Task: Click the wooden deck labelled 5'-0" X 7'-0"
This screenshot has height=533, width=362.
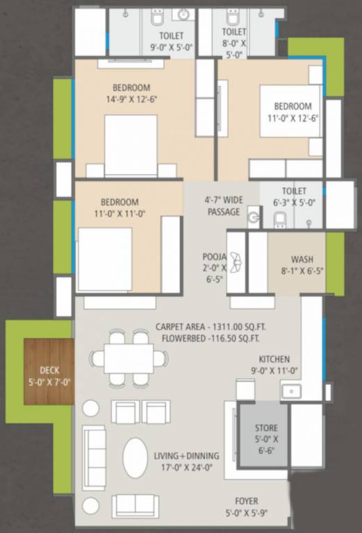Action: [49, 371]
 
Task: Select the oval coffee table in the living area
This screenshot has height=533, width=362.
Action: [135, 458]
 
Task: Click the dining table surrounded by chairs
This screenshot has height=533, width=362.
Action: [129, 359]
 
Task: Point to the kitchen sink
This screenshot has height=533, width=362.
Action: [291, 391]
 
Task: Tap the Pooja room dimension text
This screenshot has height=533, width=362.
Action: [214, 273]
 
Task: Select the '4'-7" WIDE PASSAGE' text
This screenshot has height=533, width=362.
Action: [224, 205]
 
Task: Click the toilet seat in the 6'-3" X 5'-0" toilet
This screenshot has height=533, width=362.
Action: [280, 219]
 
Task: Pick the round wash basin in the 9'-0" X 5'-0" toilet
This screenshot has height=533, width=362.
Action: [183, 14]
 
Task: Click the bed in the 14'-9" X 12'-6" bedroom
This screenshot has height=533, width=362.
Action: [131, 146]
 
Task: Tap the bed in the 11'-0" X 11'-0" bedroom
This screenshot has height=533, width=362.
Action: [105, 260]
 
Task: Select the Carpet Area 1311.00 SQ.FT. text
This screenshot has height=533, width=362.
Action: [211, 327]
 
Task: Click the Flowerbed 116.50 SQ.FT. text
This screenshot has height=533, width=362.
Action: [211, 339]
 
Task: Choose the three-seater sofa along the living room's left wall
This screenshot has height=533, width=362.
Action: [94, 457]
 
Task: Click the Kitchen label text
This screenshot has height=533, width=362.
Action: [274, 359]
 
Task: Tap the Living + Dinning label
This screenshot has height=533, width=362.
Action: [186, 456]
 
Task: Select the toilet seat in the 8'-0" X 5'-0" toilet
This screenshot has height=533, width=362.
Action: [233, 17]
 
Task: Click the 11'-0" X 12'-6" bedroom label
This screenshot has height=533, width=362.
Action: [293, 112]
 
